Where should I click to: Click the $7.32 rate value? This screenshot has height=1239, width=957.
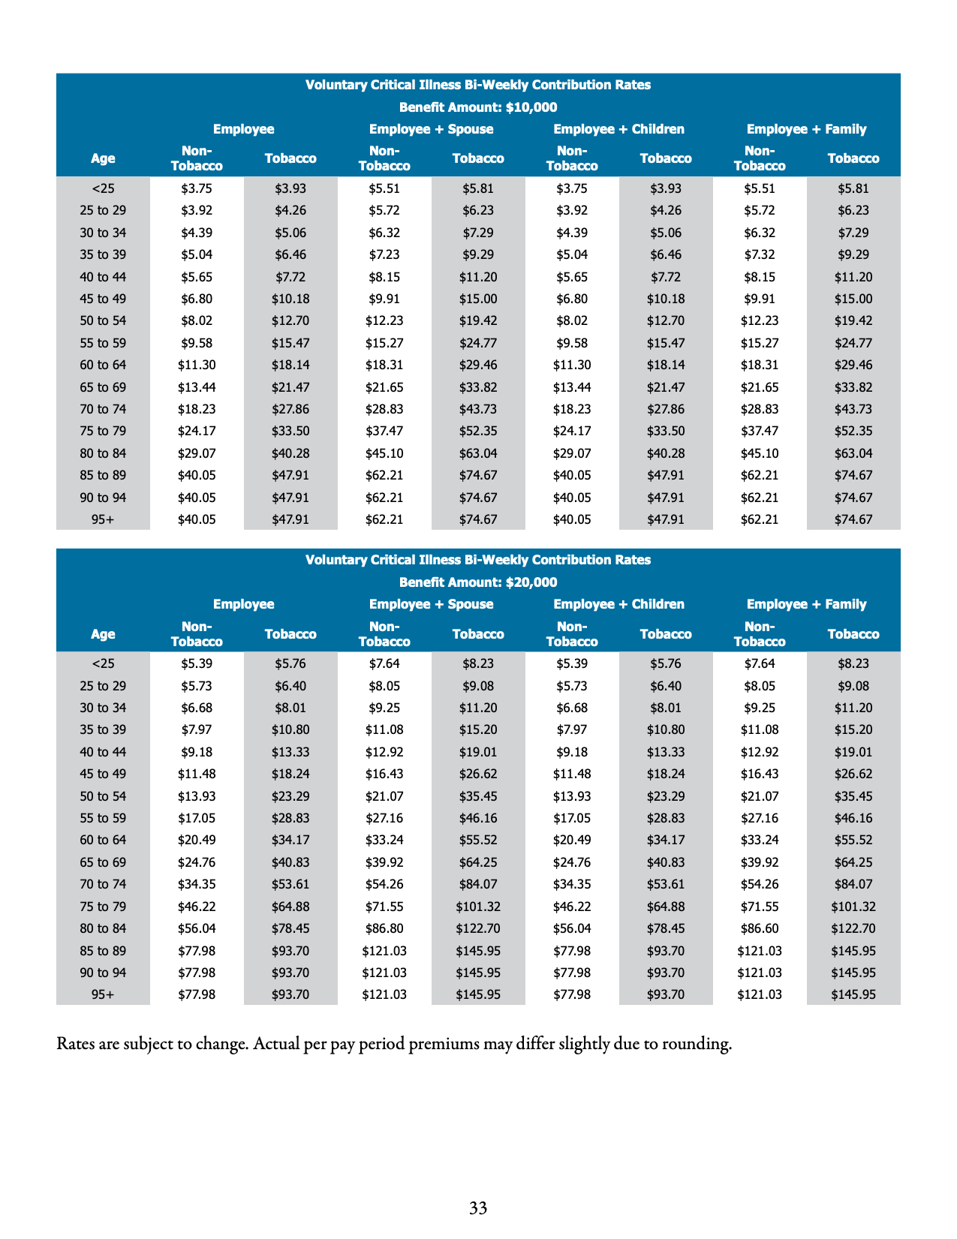click(759, 255)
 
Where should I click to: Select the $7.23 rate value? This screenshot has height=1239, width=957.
click(384, 255)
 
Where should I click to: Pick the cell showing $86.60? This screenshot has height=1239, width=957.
click(759, 929)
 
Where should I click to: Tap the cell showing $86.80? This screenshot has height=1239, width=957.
click(384, 929)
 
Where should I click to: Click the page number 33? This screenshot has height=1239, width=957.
click(478, 1207)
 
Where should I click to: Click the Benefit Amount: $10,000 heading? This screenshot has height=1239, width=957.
click(478, 107)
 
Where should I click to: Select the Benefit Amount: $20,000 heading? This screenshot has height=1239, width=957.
click(478, 582)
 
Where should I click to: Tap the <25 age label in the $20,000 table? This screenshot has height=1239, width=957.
click(103, 664)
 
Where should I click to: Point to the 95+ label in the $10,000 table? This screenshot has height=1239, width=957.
click(103, 519)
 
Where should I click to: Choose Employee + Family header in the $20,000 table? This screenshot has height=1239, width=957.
click(806, 604)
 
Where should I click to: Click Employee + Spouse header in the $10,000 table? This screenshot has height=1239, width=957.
click(431, 129)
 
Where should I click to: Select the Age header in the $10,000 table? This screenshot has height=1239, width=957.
click(103, 158)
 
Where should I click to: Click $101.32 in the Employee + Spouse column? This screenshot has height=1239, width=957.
click(478, 907)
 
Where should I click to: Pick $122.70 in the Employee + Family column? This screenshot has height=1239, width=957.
click(853, 929)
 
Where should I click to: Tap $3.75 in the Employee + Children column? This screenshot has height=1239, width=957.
click(572, 189)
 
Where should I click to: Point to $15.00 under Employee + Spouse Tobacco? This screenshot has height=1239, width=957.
click(478, 299)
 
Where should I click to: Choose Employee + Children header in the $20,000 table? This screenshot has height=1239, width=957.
click(618, 604)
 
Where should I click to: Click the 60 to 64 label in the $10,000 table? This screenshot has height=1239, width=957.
click(103, 365)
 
